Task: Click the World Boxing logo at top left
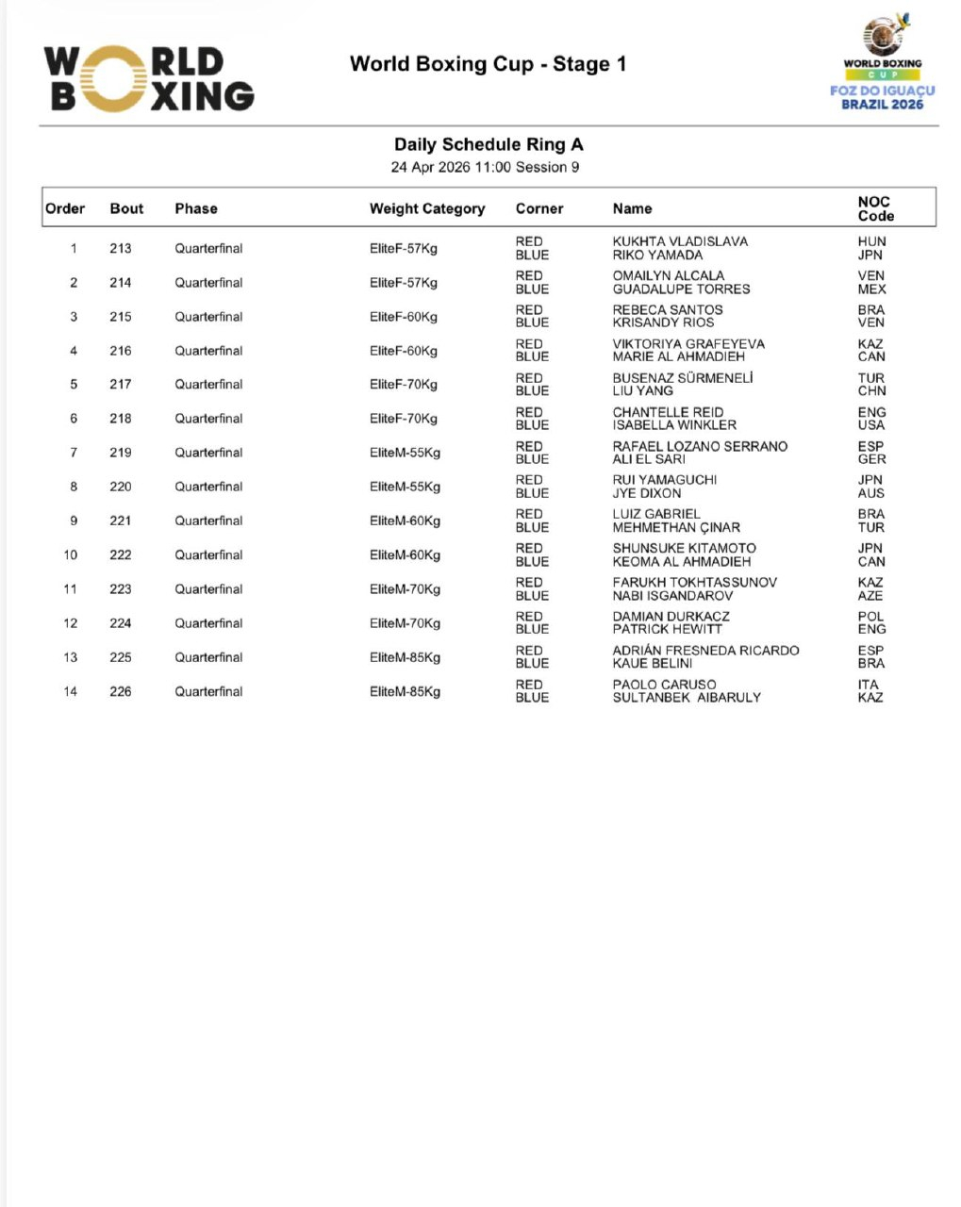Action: coord(149,79)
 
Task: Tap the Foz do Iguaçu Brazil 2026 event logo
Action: coord(882,64)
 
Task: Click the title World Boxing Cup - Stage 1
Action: coord(488,64)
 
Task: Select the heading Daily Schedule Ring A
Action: coord(489,144)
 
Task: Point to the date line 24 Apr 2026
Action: coord(485,167)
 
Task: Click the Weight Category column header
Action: coord(427,208)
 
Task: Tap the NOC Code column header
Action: coord(875,208)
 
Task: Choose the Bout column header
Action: coord(126,208)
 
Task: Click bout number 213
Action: coord(121,248)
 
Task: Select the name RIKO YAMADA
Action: coord(657,255)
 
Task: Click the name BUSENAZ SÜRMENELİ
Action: coord(683,378)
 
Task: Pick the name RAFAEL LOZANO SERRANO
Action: coord(700,446)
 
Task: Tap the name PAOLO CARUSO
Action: coord(664,685)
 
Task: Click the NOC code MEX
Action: coord(871,289)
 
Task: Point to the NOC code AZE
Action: coord(870,595)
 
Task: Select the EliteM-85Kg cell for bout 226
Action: coord(405,691)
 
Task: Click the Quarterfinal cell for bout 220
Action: coord(208,487)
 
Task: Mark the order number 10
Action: coord(71,554)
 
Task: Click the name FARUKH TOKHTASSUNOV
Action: coord(695,582)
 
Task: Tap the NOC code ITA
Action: coord(869,685)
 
